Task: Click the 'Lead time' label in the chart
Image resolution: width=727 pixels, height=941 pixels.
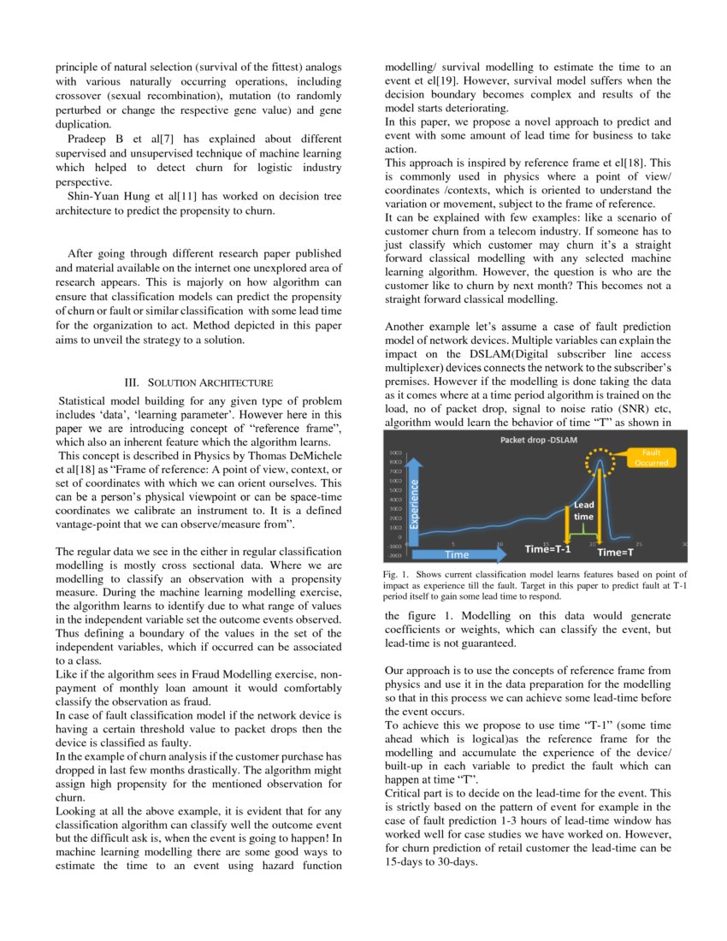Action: [x=583, y=511]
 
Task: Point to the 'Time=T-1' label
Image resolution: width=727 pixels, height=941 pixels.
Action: [x=547, y=548]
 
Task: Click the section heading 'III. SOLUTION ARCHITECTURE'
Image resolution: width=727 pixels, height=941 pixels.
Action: [x=198, y=382]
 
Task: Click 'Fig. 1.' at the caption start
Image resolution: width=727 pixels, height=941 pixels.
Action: [x=398, y=574]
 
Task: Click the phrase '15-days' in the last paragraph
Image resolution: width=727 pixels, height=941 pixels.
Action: [x=406, y=861]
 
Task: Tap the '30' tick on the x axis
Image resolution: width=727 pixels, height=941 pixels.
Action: [x=684, y=543]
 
